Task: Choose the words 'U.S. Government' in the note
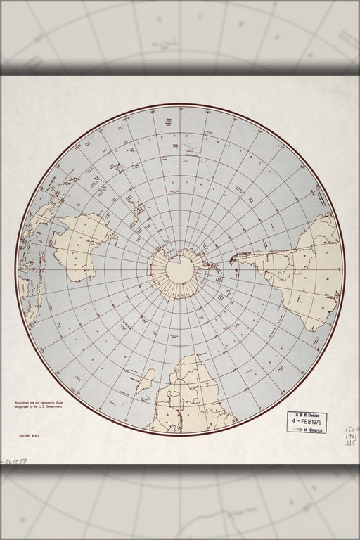pyautogui.click(x=44, y=406)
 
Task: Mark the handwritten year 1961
pyautogui.click(x=349, y=436)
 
